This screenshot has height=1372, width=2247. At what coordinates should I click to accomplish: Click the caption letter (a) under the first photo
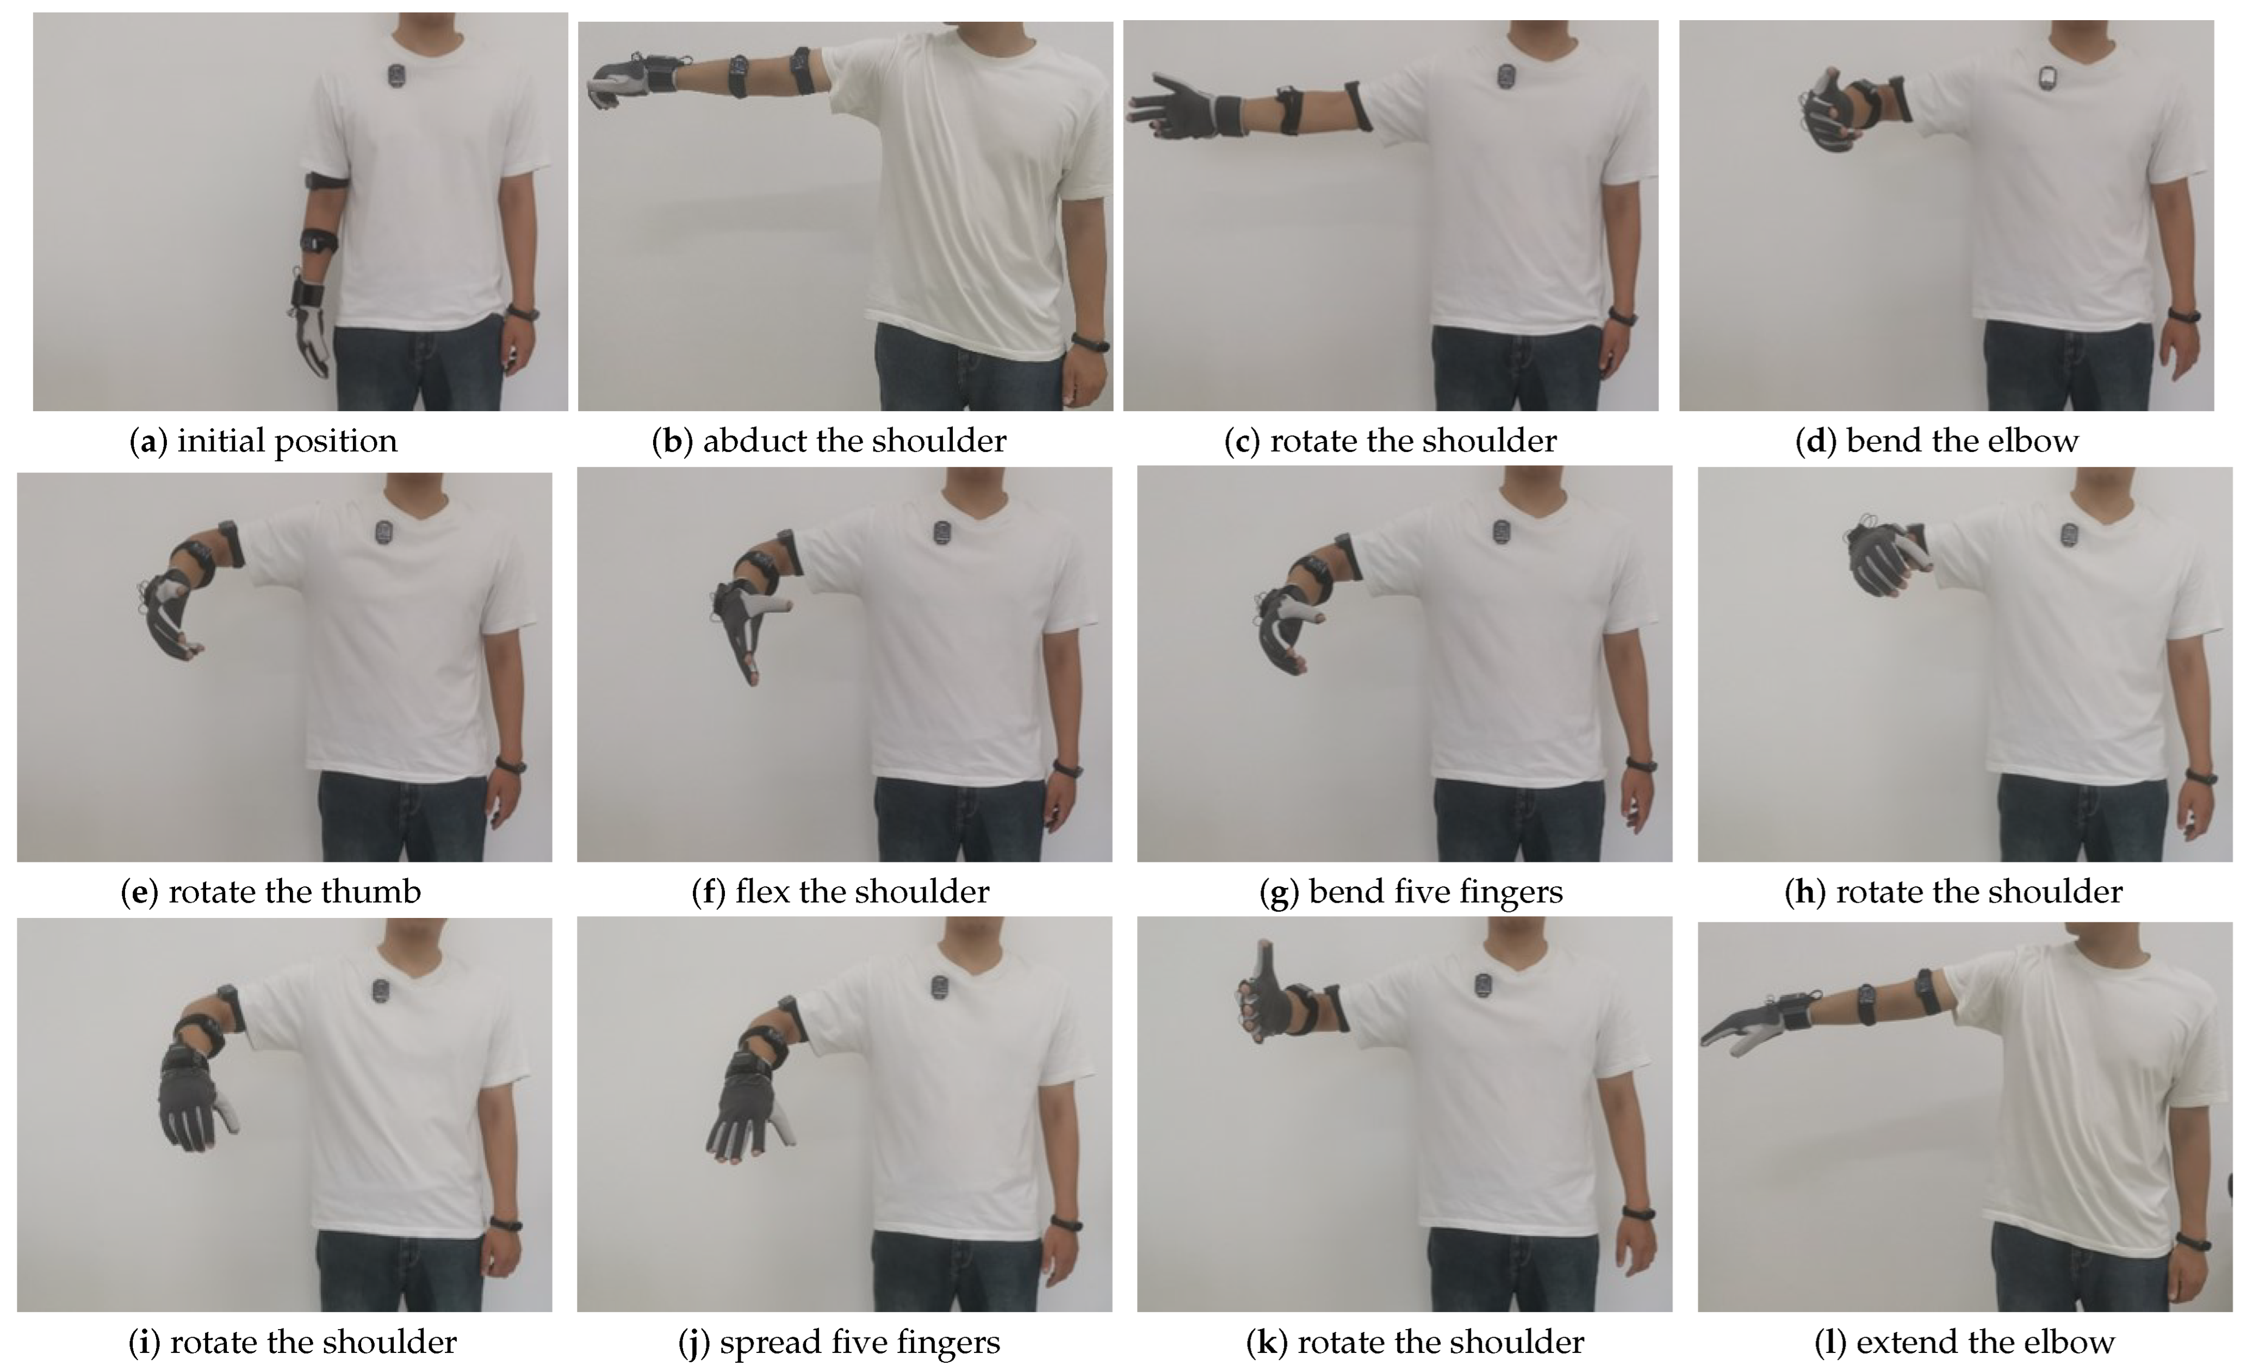(148, 441)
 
